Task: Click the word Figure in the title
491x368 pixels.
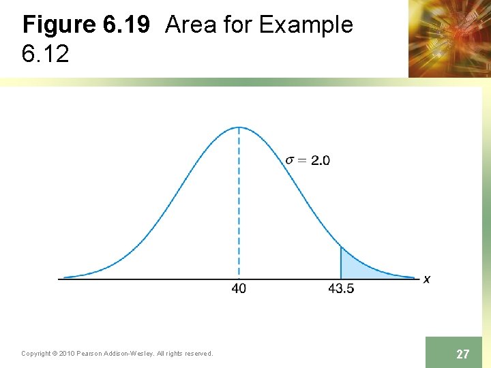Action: coord(59,25)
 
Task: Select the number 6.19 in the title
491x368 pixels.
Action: coord(125,25)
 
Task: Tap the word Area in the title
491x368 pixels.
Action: coord(190,25)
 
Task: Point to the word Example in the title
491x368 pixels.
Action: coord(306,25)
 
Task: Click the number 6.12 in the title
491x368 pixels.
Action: coord(45,55)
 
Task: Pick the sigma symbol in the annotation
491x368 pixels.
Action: coord(291,160)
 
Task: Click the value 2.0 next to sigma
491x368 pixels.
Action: coord(321,160)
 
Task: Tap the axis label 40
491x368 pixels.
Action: coord(239,288)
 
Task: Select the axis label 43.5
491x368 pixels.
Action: coord(341,288)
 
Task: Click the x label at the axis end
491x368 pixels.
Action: coord(427,279)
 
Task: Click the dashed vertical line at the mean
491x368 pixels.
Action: coord(239,204)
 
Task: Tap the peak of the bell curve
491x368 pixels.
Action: coord(239,127)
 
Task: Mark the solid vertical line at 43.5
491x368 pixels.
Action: coord(341,262)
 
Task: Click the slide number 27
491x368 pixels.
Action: coord(462,354)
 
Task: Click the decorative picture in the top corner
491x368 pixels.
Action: coord(449,38)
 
